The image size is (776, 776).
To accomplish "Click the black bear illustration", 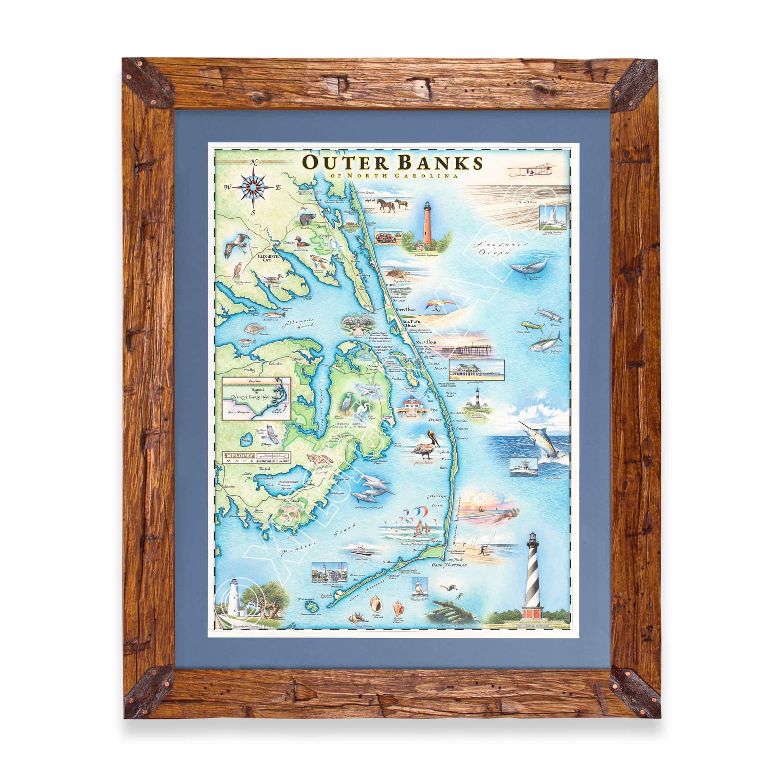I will [307, 219].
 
